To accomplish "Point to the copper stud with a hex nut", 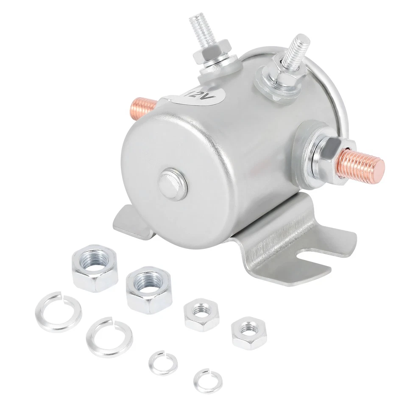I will point(363,164).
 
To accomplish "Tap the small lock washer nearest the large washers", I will point(163,362).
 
